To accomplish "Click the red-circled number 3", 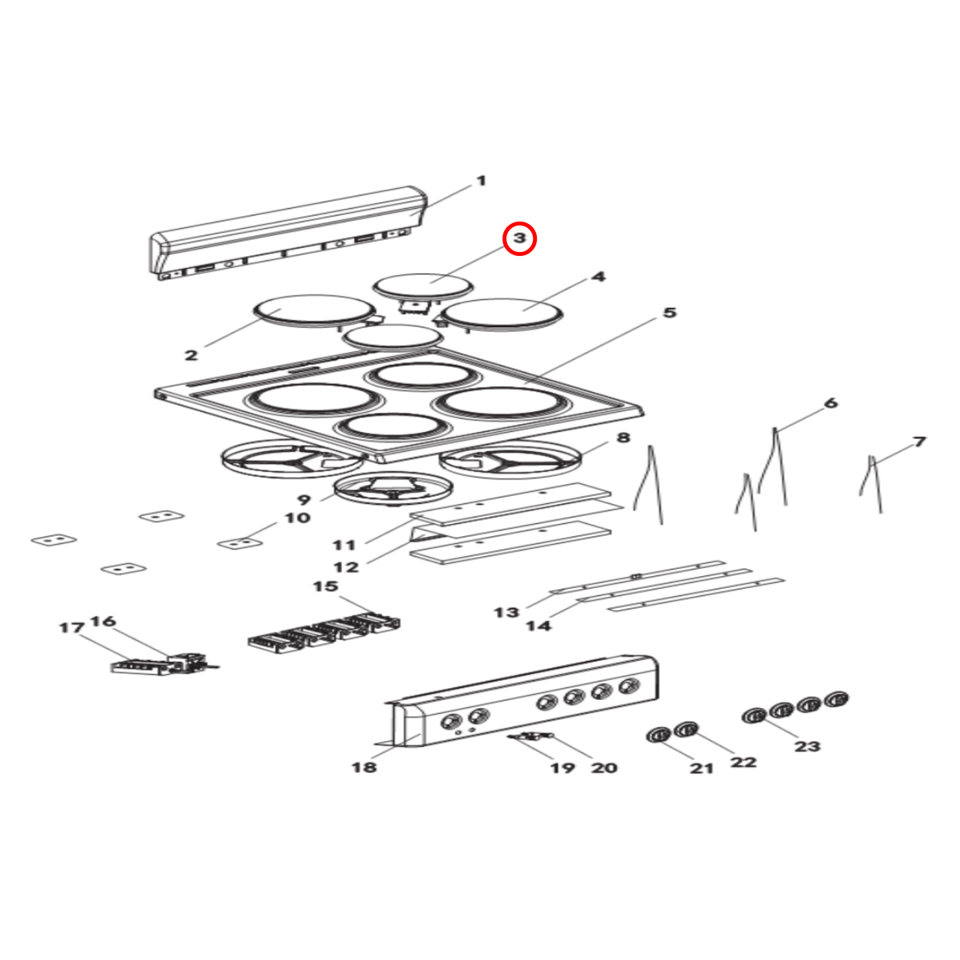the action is (519, 238).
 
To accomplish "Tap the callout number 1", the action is (481, 180).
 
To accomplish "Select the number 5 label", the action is (670, 313).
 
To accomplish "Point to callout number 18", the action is (364, 767).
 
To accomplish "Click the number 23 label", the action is (807, 746).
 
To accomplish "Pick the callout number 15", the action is (326, 586).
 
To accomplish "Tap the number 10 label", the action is (298, 518).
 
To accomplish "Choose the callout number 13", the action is (506, 612).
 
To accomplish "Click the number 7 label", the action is (919, 442).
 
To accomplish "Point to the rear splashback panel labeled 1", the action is (289, 233).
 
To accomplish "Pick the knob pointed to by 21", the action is (658, 735).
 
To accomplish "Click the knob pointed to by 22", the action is (686, 730).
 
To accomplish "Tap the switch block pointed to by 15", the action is (324, 634).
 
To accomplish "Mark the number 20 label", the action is (604, 768).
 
